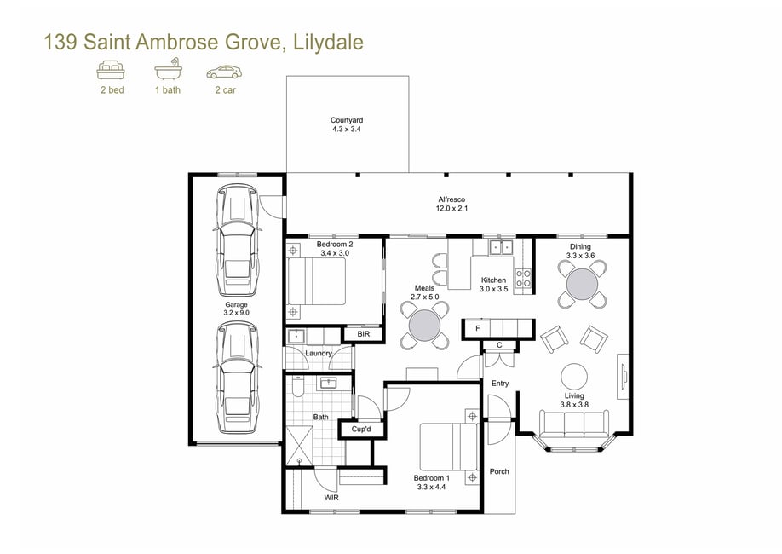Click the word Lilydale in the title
328,43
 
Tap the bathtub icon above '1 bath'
168,69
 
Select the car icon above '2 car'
224,72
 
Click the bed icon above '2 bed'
111,70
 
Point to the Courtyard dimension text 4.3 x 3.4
347,129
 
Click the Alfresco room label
451,199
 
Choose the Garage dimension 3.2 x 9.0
237,313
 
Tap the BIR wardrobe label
364,334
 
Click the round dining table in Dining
582,284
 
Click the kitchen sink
501,247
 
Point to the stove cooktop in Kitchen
523,279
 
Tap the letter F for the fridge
478,328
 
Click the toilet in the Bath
298,386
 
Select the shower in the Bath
299,447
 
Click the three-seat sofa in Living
574,424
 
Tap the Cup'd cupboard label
361,430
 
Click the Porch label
499,471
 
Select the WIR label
331,498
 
